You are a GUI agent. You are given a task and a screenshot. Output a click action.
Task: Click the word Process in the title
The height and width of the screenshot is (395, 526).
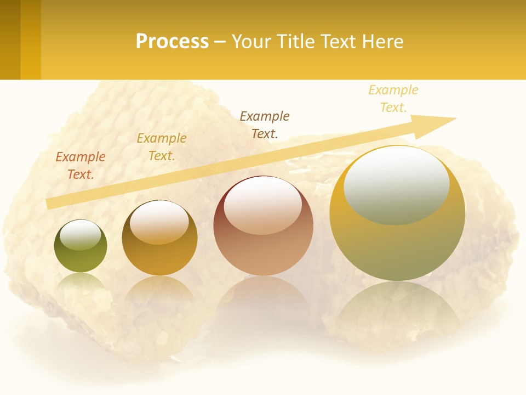pos(172,41)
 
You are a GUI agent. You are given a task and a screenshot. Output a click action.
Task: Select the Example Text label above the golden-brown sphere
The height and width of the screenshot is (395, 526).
pos(162,147)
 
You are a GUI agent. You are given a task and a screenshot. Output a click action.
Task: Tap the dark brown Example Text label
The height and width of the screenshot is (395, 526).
pos(265,125)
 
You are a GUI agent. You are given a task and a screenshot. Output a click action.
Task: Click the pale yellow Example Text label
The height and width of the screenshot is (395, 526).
pos(393,99)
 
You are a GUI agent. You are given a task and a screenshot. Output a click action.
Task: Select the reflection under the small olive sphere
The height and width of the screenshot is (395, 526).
pos(81,283)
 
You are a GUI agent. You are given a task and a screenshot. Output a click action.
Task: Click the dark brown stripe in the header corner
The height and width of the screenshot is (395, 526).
pos(10,39)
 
